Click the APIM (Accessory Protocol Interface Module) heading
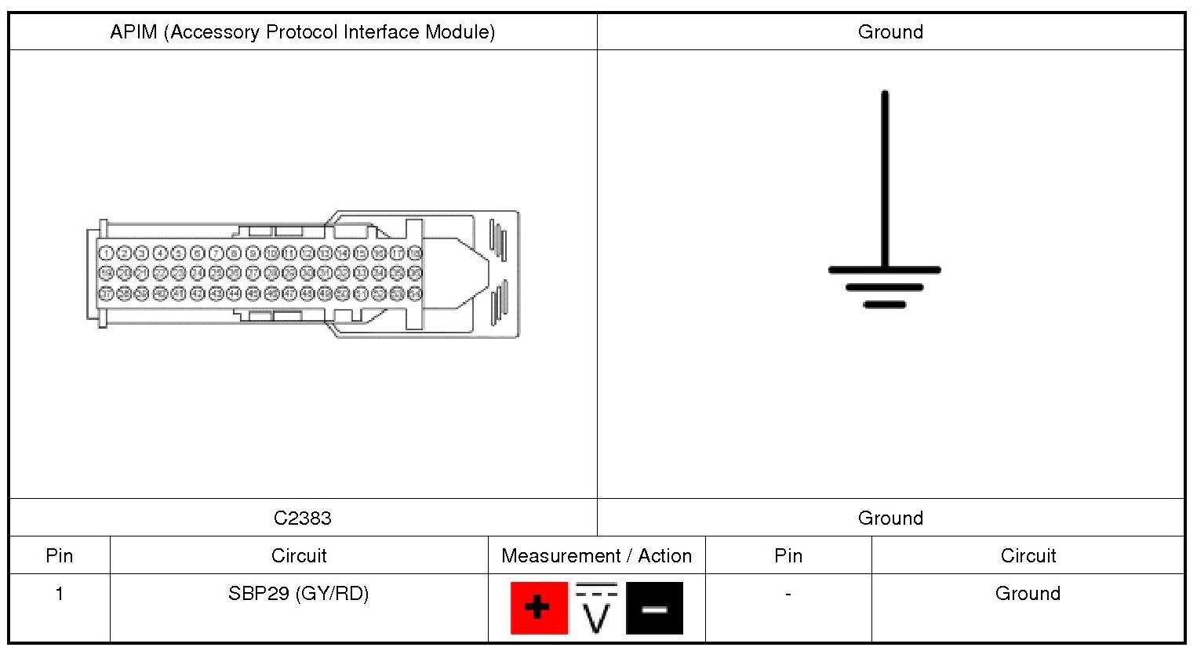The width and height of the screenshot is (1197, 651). [x=302, y=32]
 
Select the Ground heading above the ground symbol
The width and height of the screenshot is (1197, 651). [x=890, y=32]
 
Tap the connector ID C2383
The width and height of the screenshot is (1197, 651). [x=302, y=518]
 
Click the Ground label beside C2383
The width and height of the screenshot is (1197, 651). [x=890, y=518]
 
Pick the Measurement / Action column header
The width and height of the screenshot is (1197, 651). [x=596, y=555]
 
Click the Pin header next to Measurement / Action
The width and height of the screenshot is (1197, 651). [x=788, y=555]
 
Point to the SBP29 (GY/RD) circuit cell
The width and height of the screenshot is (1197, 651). [x=298, y=593]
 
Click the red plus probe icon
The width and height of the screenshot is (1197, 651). [x=539, y=608]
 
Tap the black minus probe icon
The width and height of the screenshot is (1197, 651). [x=654, y=608]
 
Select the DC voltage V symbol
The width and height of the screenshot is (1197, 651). [x=596, y=608]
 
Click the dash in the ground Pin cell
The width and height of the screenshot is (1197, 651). [x=788, y=594]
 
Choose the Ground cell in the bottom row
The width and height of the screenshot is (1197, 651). [x=1028, y=593]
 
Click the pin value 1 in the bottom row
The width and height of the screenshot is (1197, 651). [x=59, y=594]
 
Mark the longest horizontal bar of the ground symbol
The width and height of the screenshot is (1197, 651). [x=884, y=270]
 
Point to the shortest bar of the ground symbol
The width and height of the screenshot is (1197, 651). [x=884, y=304]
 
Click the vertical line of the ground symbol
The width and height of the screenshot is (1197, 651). [x=885, y=180]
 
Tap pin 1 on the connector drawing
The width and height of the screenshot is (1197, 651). [x=106, y=253]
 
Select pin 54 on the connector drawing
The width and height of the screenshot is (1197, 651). [x=415, y=293]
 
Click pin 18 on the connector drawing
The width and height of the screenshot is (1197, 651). [x=415, y=253]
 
